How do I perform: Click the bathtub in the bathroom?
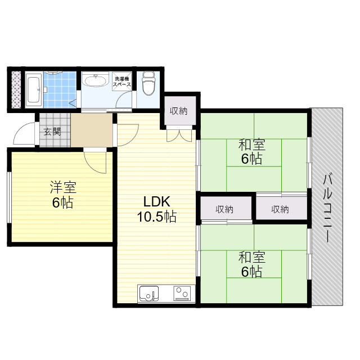tap(33, 89)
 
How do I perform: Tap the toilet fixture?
tap(148, 84)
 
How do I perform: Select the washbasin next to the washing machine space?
tap(96, 82)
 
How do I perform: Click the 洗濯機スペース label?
tap(123, 82)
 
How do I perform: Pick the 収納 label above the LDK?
tap(179, 111)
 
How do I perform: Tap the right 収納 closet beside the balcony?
tap(280, 210)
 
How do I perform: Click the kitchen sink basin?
tap(149, 294)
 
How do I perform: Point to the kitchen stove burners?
tap(182, 294)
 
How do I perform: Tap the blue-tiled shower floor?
tap(60, 87)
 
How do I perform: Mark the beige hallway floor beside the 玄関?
tap(92, 130)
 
